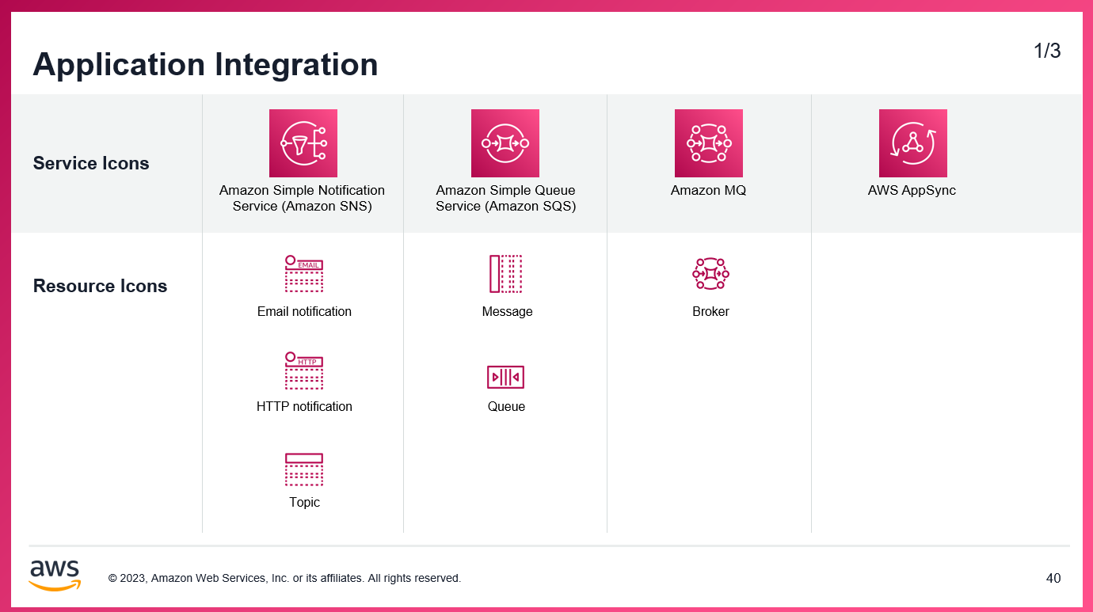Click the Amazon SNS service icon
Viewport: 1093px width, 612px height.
(303, 143)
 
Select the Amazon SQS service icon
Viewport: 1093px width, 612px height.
(505, 143)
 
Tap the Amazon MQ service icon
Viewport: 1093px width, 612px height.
(709, 143)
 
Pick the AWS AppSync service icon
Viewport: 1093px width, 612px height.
(913, 143)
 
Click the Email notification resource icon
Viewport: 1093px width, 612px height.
(304, 274)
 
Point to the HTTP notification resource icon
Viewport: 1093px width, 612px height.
(304, 371)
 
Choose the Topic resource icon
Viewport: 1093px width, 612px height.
(304, 469)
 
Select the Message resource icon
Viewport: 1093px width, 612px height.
(505, 274)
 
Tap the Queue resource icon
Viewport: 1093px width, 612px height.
(505, 377)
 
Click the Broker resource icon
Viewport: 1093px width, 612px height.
(710, 274)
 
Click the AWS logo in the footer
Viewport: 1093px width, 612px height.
(55, 576)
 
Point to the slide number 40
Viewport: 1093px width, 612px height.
(1053, 579)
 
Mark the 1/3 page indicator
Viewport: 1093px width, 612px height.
(1047, 51)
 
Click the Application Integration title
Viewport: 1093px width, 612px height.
(205, 64)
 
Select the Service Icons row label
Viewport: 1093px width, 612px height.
(91, 164)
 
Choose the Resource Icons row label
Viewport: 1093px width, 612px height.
(100, 287)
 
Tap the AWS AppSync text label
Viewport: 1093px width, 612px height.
(912, 191)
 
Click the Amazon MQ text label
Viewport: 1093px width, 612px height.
(708, 191)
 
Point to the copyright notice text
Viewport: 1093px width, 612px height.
(284, 579)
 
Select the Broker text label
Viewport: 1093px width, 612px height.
(710, 312)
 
